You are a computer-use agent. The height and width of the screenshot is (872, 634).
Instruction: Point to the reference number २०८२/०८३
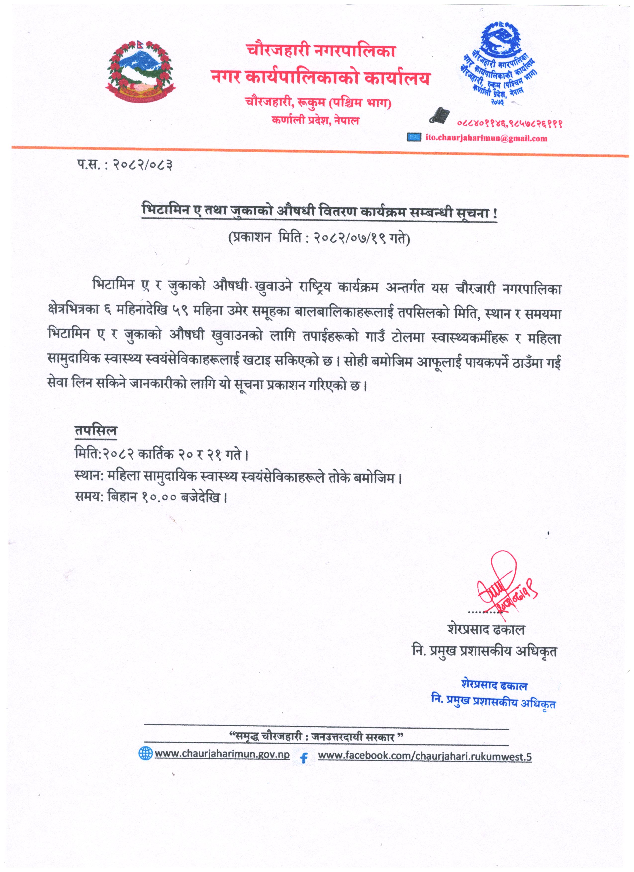coord(142,165)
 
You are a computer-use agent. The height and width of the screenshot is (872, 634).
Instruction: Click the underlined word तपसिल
coord(96,431)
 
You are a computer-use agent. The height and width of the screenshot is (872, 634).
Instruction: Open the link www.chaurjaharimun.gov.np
coord(222,754)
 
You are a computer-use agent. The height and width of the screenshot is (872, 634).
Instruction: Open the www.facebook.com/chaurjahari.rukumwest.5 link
coord(424,756)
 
